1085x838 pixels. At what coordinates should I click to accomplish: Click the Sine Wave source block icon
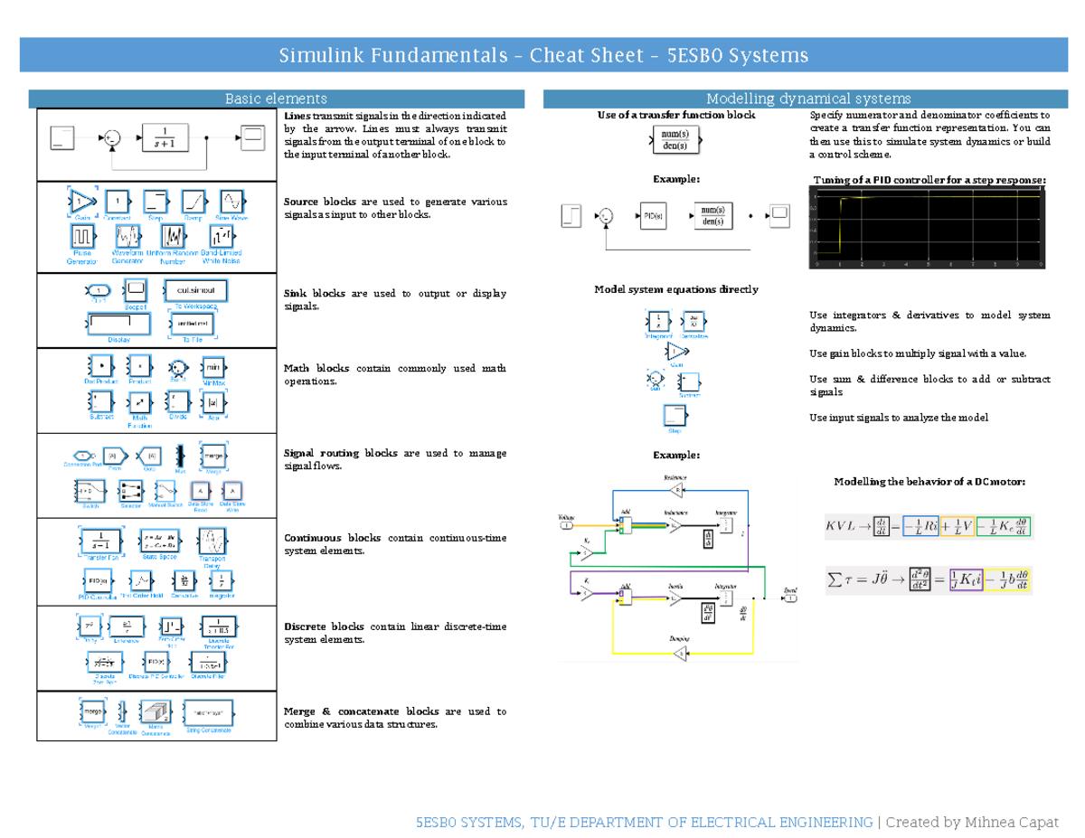tap(231, 201)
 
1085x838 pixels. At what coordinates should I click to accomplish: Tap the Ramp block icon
tap(193, 201)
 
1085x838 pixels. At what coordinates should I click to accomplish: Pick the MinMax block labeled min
tap(213, 368)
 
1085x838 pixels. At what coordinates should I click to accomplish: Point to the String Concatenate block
tap(207, 713)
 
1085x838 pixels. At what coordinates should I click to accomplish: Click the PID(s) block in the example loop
tap(651, 215)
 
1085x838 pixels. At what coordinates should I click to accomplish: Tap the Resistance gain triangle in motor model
tap(675, 490)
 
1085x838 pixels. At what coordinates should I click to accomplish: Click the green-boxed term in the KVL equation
tap(1005, 526)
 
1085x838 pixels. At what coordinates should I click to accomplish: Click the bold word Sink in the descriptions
tap(296, 294)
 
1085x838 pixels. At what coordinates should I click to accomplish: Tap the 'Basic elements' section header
tap(276, 99)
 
